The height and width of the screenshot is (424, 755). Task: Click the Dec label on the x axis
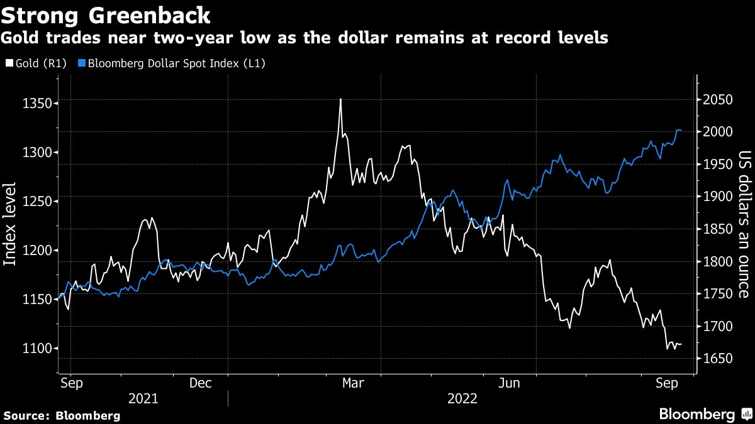pos(200,383)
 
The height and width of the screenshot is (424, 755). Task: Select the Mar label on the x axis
pos(352,383)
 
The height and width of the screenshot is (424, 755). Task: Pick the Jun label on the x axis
pos(510,383)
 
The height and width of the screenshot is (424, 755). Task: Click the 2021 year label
pos(143,398)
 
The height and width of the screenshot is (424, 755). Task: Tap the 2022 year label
pos(462,398)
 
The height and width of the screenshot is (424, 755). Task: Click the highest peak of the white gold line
pos(340,99)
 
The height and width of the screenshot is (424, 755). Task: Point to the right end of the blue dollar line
pos(681,130)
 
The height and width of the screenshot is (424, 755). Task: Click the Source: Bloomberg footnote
pos(62,415)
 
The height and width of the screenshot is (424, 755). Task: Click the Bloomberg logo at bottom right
pos(705,414)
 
